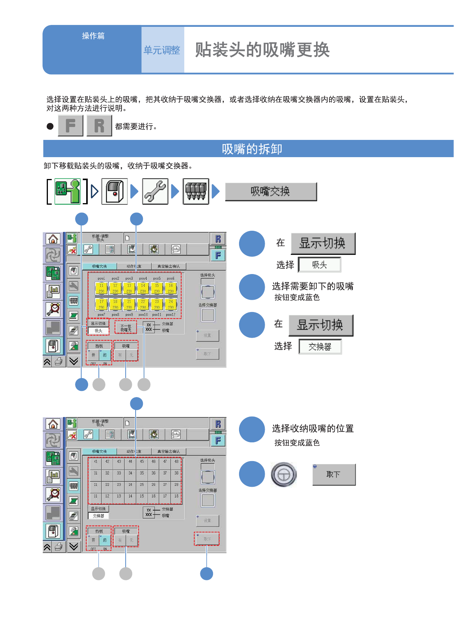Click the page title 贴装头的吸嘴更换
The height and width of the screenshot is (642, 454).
click(x=262, y=50)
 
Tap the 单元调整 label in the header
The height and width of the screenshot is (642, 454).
click(x=162, y=50)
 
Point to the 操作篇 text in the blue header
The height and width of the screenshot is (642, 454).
click(x=93, y=36)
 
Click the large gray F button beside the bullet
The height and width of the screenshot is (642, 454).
click(x=70, y=126)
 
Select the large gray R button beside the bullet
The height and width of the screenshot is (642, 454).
click(x=99, y=126)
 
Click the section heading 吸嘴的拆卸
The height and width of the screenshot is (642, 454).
click(x=252, y=149)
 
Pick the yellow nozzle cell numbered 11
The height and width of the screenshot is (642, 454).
click(x=102, y=288)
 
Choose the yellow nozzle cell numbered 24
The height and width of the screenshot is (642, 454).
click(x=171, y=304)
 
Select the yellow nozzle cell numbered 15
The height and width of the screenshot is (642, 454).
click(x=157, y=288)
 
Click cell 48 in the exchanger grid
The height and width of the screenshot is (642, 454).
click(x=176, y=462)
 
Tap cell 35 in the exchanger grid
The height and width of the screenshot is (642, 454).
click(x=142, y=473)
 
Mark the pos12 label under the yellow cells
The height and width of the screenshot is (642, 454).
click(x=170, y=315)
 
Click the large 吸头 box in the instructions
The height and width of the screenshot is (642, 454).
click(x=320, y=265)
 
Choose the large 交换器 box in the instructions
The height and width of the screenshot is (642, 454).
click(x=320, y=347)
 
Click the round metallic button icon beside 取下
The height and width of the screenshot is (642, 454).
click(x=284, y=474)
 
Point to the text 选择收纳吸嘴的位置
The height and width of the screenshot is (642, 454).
click(x=313, y=429)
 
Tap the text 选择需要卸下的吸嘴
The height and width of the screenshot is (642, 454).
click(x=313, y=286)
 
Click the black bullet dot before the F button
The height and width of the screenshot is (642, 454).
click(x=50, y=126)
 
